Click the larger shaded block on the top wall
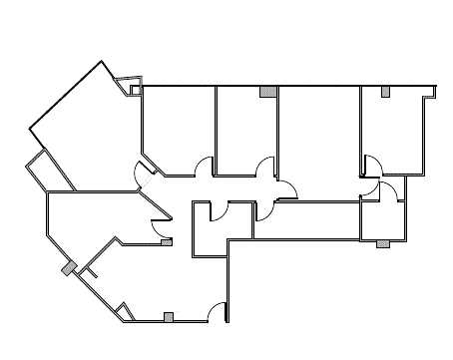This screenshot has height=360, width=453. pos(267,92)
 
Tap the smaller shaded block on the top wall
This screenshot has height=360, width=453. pos(385,93)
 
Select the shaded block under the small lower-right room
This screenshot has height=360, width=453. pos(382,243)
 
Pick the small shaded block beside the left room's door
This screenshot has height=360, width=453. pos(166,241)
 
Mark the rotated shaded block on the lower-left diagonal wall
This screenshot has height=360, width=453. pos(69,268)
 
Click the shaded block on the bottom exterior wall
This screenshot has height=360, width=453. pos(169,318)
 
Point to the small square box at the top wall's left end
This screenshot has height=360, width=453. pos(135,91)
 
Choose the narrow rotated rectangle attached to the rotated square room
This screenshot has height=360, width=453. pos(46,172)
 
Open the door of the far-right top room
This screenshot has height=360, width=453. pos(370,163)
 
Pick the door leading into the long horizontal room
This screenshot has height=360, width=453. pos(266,210)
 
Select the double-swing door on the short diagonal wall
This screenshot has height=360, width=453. pos(143,174)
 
